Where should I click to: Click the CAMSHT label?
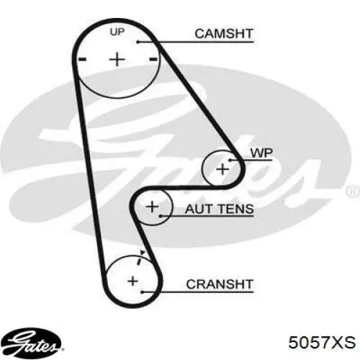(224, 34)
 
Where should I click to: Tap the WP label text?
(261, 153)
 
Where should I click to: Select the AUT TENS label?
(220, 209)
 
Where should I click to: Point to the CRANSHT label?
(220, 284)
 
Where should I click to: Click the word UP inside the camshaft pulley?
(117, 32)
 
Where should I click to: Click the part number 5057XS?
(322, 342)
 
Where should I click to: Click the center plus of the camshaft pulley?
(117, 59)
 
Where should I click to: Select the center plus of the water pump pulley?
(222, 169)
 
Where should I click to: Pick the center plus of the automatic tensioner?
(152, 207)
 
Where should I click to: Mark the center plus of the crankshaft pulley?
(132, 281)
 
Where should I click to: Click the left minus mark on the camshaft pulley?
(83, 59)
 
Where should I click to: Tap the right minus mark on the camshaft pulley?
(153, 59)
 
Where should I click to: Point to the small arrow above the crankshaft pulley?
(143, 253)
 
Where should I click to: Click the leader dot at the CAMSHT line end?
(138, 42)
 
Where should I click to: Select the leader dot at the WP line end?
(230, 160)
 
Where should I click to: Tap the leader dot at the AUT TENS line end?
(161, 216)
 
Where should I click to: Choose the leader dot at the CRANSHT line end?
(142, 292)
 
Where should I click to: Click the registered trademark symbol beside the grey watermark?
(354, 192)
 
